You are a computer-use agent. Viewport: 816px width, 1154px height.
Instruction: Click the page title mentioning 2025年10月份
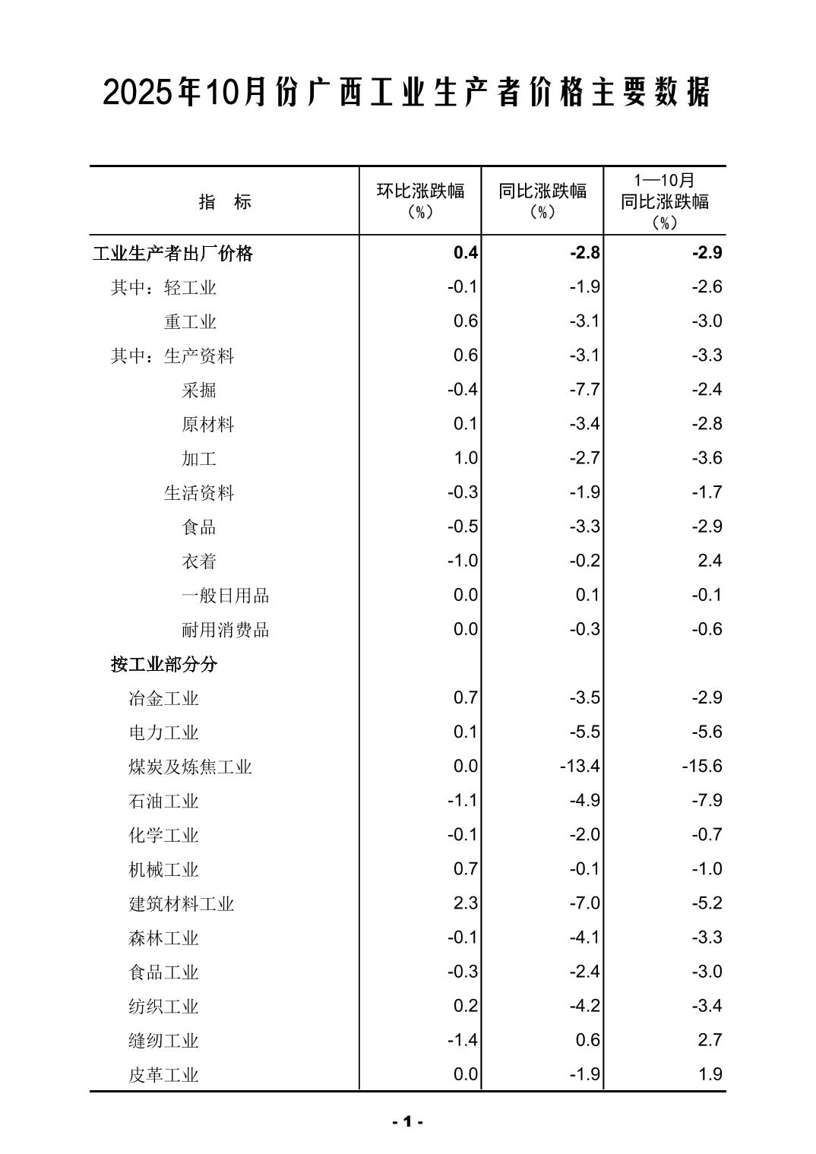click(407, 93)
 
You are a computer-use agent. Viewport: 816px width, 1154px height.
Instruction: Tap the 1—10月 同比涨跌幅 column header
click(665, 201)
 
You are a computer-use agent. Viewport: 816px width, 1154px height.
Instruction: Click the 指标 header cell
click(225, 201)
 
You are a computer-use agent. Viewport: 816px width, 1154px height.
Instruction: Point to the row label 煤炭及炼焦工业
click(190, 767)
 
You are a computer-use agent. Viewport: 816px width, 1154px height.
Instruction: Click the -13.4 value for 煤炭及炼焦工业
click(580, 766)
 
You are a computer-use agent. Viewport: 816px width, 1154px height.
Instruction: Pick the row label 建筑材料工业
click(182, 903)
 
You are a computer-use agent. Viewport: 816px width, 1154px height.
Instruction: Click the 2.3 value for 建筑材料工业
click(465, 903)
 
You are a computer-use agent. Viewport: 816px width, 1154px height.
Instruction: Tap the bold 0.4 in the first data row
click(465, 252)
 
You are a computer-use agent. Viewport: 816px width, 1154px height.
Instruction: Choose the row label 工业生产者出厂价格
click(172, 253)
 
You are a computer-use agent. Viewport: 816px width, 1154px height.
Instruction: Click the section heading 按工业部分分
click(164, 664)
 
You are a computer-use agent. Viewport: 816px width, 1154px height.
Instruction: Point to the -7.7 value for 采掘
click(584, 390)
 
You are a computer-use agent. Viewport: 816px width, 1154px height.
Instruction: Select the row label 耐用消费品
click(225, 630)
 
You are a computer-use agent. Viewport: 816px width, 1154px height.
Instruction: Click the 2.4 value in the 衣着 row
click(710, 561)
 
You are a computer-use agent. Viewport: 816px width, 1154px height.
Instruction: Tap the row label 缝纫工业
click(163, 1040)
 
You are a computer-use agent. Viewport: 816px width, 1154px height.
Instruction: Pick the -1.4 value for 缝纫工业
click(462, 1039)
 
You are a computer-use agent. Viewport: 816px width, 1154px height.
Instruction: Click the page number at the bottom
click(407, 1121)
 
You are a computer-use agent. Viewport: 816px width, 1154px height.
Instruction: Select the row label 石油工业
click(163, 801)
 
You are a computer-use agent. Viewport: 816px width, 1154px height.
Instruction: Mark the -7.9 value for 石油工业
click(707, 800)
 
